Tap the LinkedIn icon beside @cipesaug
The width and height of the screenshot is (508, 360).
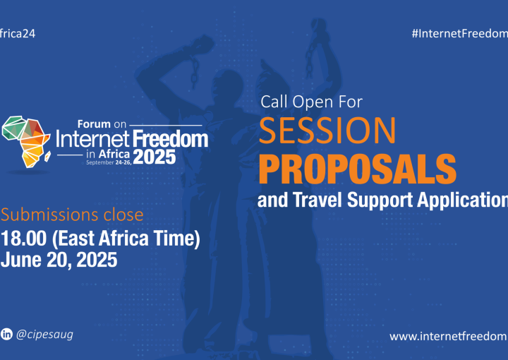click(8, 332)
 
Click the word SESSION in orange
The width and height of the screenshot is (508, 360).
click(328, 131)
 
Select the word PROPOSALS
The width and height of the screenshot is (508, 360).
click(357, 167)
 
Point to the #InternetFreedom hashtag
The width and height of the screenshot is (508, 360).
click(459, 33)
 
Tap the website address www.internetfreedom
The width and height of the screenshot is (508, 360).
click(449, 335)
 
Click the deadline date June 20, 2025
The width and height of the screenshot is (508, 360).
click(59, 259)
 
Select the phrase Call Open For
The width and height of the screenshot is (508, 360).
click(311, 102)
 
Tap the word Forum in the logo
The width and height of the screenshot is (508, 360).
click(95, 121)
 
